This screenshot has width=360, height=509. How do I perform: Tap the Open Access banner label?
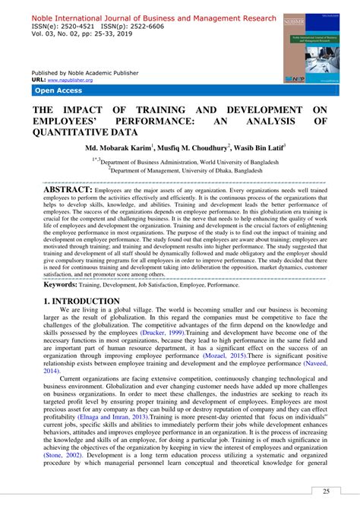click(58, 90)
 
